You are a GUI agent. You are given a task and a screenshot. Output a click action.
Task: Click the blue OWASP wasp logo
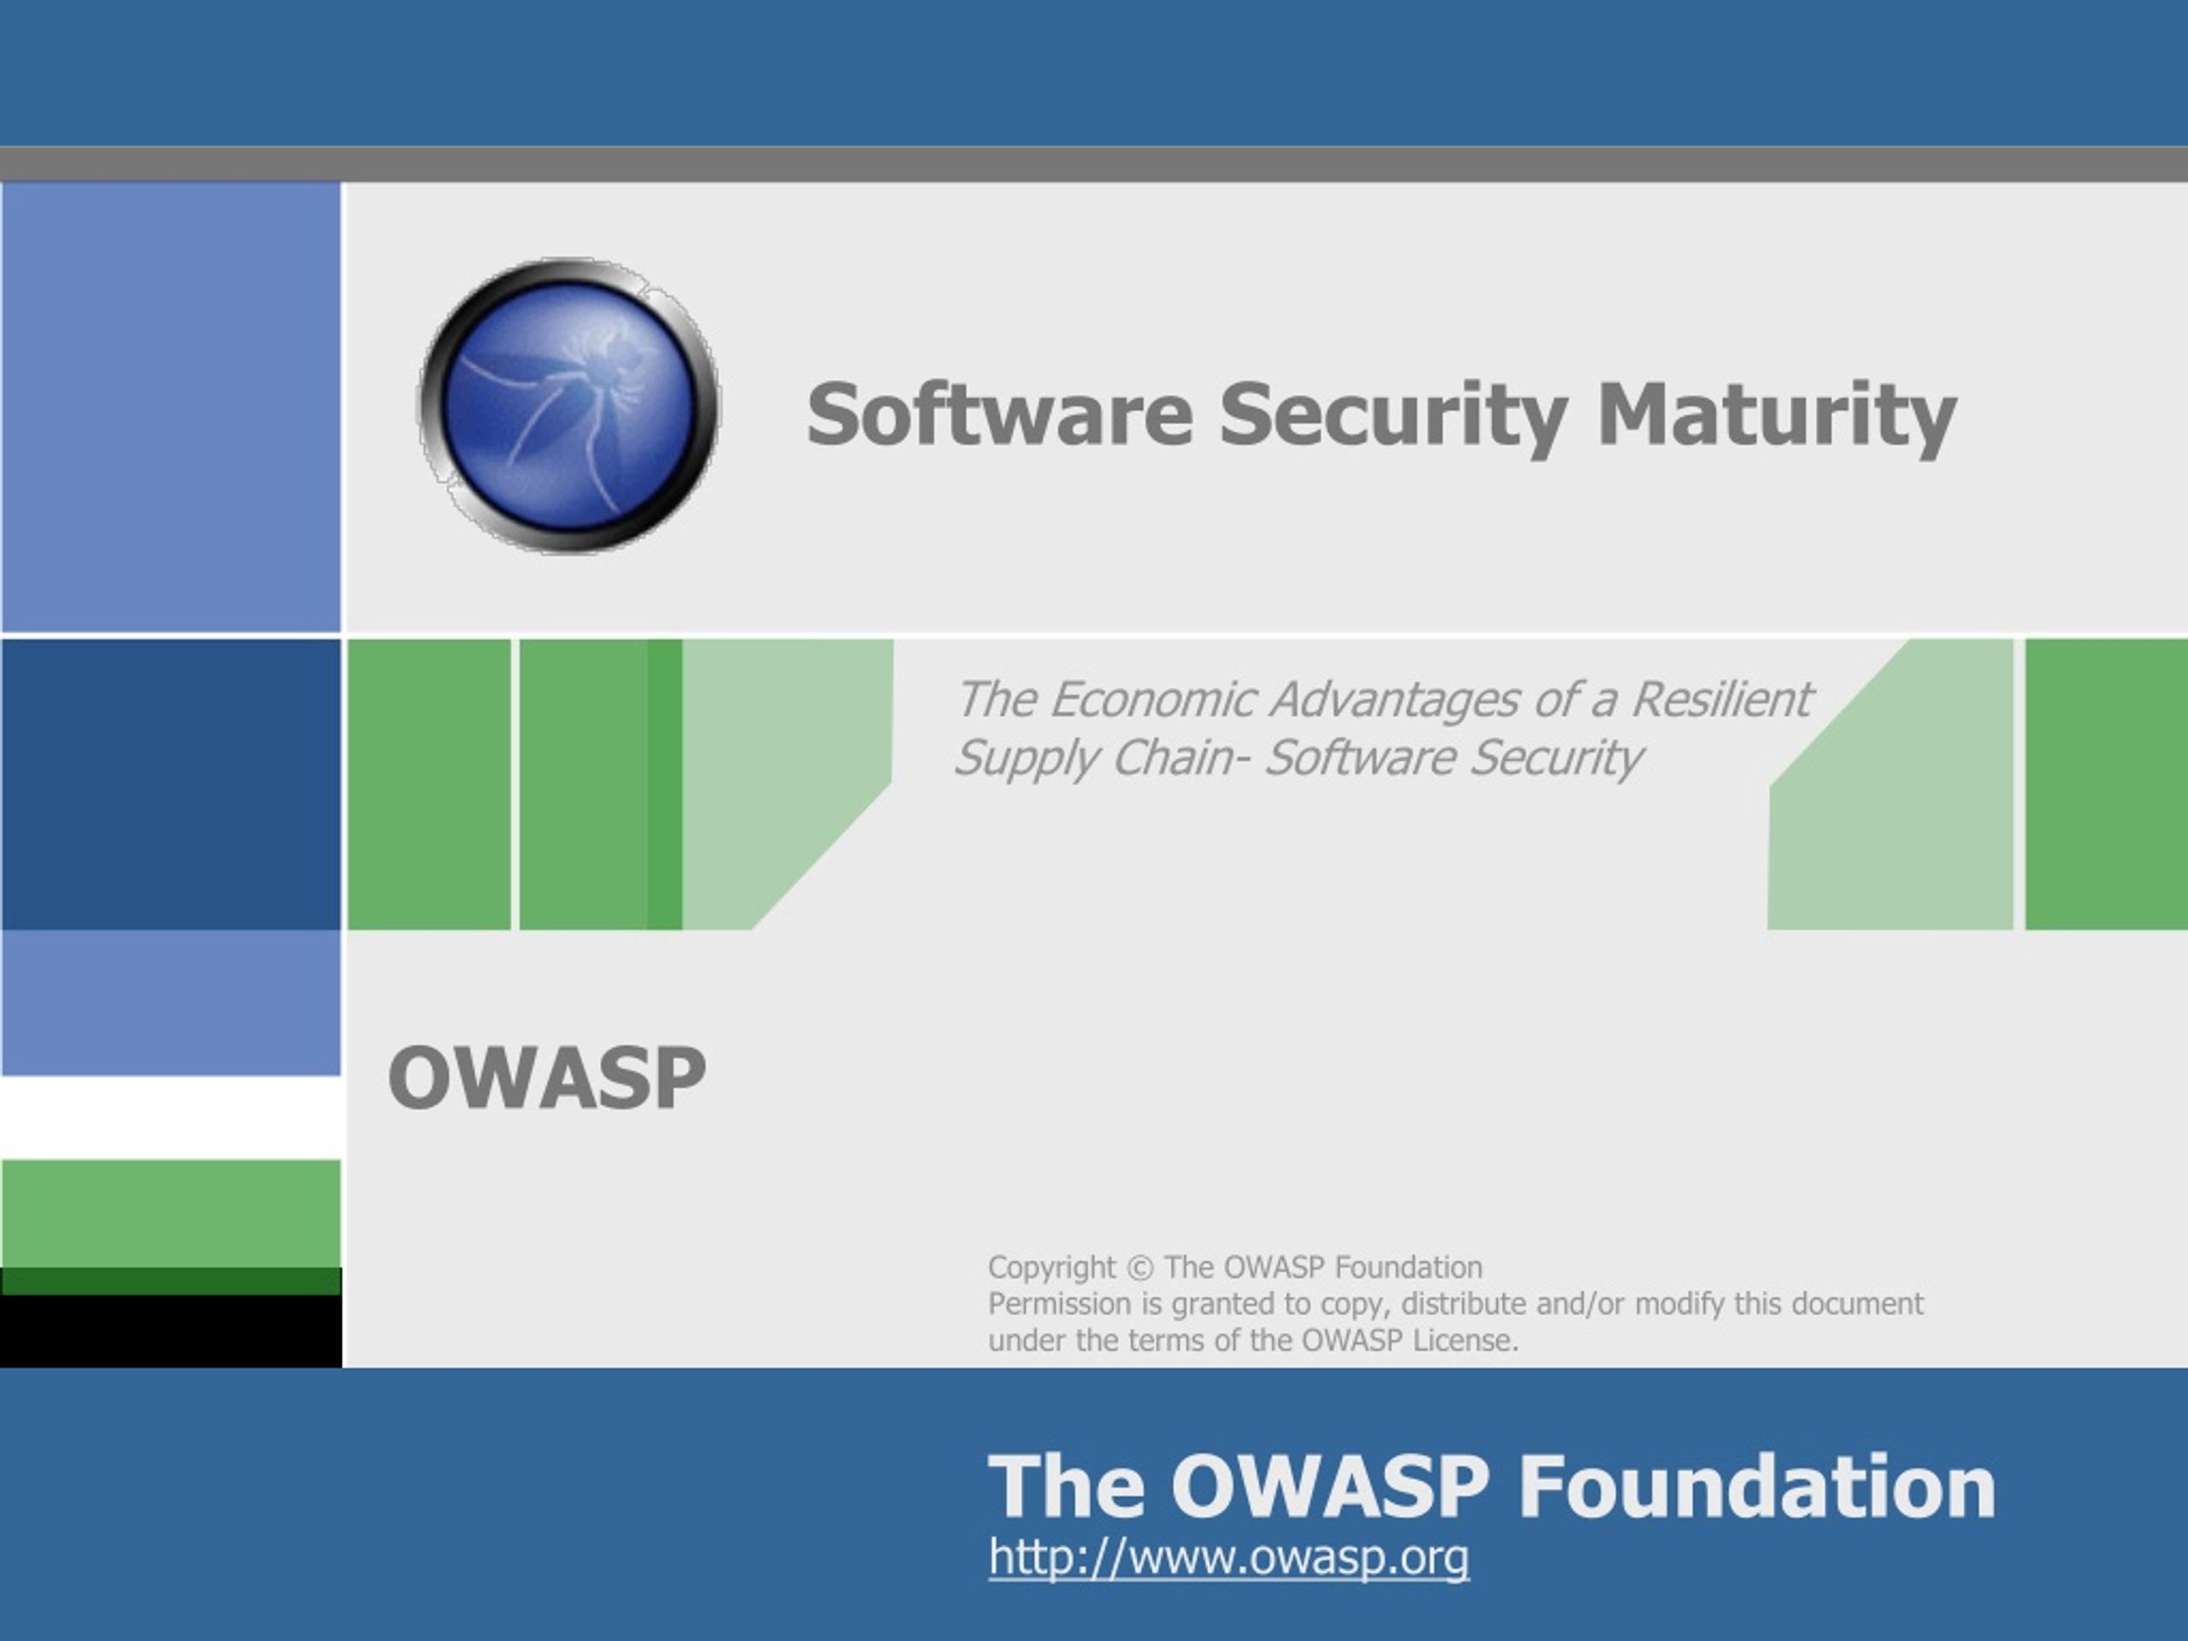click(x=568, y=406)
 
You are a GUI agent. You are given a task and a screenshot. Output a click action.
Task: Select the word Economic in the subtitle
click(x=1152, y=699)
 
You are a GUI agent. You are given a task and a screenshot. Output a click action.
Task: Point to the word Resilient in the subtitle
click(x=1721, y=699)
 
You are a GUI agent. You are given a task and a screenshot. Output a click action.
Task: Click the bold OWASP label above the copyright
click(x=547, y=1077)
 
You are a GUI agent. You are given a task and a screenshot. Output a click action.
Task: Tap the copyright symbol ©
click(x=1139, y=1268)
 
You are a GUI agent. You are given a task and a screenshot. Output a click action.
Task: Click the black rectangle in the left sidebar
click(x=171, y=1332)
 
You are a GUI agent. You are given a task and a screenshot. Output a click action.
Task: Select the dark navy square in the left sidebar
click(x=171, y=785)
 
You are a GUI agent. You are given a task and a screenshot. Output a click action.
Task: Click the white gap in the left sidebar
click(x=171, y=1118)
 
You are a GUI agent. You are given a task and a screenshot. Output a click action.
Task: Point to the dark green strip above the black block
click(x=171, y=1282)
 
